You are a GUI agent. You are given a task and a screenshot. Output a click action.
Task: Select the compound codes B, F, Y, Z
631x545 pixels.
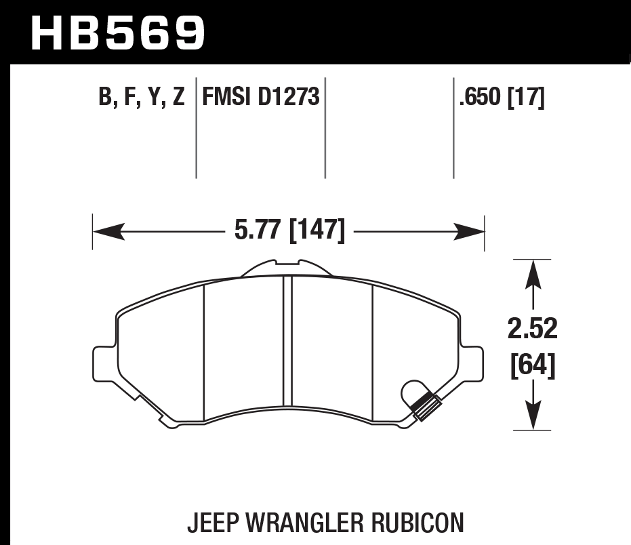(x=141, y=98)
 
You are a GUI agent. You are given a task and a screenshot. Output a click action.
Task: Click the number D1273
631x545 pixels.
(x=289, y=98)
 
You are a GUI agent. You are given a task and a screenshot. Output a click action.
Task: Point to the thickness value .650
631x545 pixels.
(x=481, y=98)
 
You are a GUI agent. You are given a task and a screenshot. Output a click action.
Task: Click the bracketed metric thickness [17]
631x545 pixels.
(x=525, y=98)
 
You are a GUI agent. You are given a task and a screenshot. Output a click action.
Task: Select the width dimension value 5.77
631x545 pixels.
(x=258, y=230)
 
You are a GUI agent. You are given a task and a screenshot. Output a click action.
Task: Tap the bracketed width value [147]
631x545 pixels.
(x=317, y=230)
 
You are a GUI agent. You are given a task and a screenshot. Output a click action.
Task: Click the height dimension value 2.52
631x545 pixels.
(x=532, y=329)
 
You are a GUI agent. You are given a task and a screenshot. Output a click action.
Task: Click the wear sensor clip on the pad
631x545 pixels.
(x=426, y=405)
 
